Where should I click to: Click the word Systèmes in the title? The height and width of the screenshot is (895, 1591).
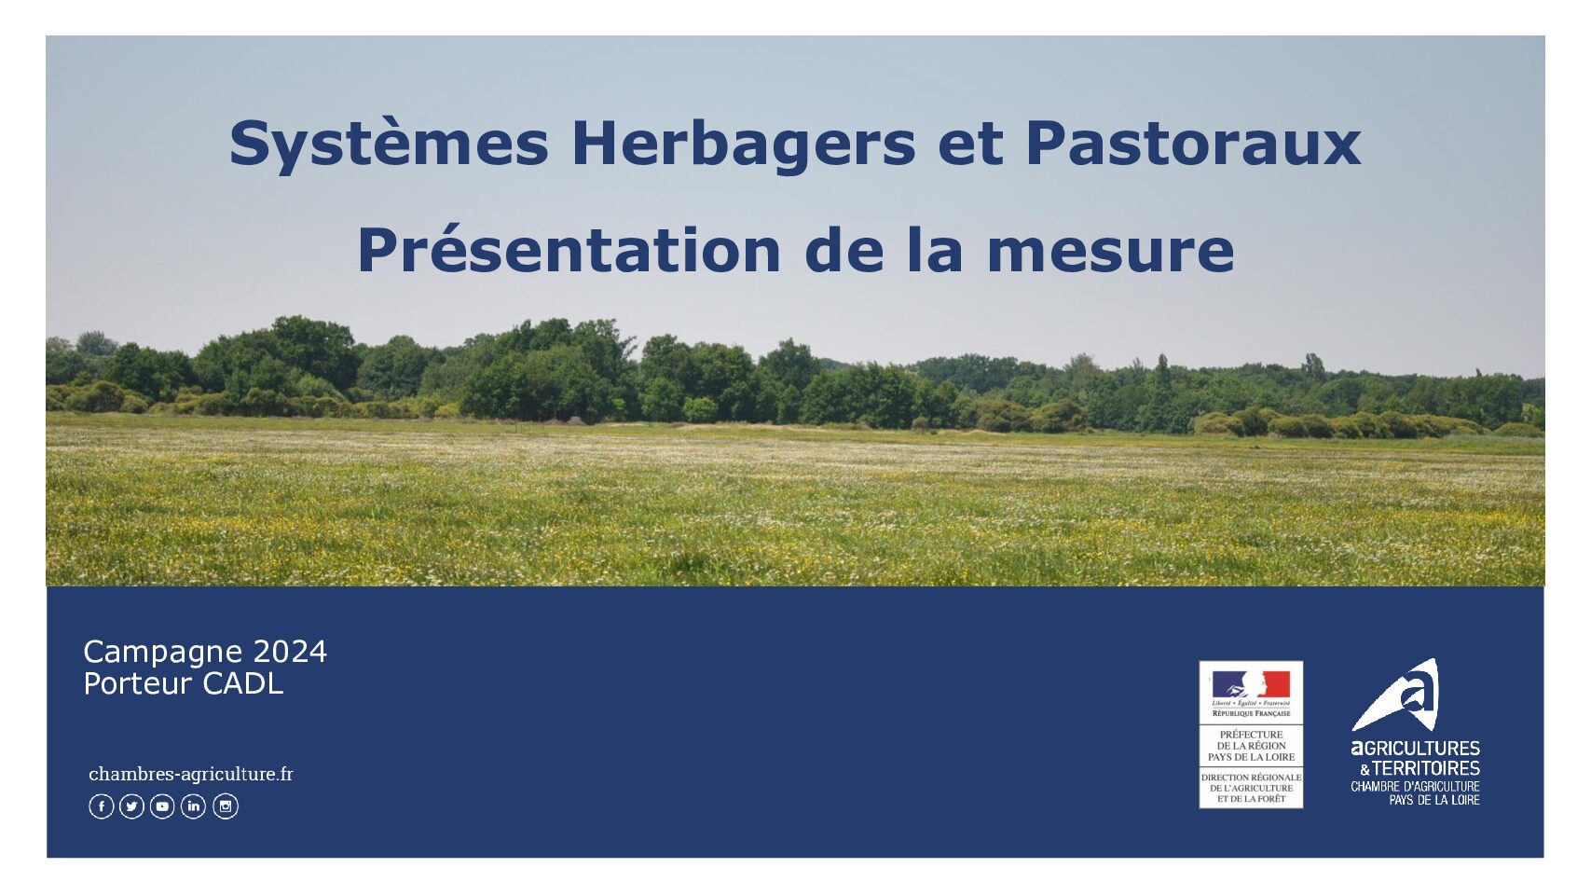[x=390, y=145]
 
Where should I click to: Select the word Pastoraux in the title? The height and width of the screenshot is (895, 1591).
[x=1193, y=144]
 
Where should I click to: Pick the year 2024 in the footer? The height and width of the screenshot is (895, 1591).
[x=290, y=652]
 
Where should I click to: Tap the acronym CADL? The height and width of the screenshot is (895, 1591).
[x=243, y=683]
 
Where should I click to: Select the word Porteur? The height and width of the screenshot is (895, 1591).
[x=138, y=683]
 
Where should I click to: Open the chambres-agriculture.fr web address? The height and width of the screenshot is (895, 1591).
[x=190, y=774]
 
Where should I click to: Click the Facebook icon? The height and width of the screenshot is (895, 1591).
[x=102, y=806]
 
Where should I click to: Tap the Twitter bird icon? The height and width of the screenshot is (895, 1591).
[x=132, y=806]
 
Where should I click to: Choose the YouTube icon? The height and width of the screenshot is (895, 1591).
[x=163, y=806]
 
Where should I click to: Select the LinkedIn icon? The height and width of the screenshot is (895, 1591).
[x=193, y=806]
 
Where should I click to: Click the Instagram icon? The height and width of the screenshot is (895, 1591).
[x=226, y=806]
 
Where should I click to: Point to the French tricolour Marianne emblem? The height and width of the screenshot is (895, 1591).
[x=1251, y=684]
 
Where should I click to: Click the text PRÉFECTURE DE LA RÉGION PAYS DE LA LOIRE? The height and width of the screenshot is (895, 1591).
[x=1251, y=746]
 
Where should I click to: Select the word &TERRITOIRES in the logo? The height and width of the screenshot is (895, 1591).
[x=1420, y=768]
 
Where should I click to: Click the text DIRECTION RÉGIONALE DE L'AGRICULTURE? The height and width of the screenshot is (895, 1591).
[x=1251, y=783]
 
